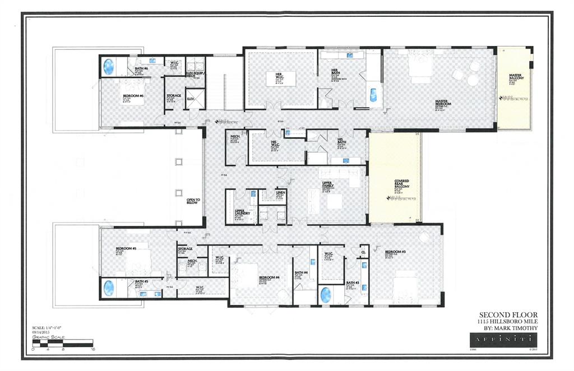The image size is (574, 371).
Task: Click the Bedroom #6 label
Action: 133,96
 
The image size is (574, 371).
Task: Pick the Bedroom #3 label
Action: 395,252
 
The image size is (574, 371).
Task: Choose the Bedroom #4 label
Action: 269,277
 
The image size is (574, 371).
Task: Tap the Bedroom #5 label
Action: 126,248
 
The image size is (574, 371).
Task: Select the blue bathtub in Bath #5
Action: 108,288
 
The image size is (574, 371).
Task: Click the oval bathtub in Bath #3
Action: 326,294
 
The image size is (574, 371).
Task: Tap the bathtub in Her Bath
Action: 373,95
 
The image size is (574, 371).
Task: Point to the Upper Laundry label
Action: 242,212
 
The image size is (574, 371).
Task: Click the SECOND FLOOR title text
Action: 508,314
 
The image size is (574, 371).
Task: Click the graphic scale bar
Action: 63,342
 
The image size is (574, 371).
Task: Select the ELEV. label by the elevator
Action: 191,99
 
